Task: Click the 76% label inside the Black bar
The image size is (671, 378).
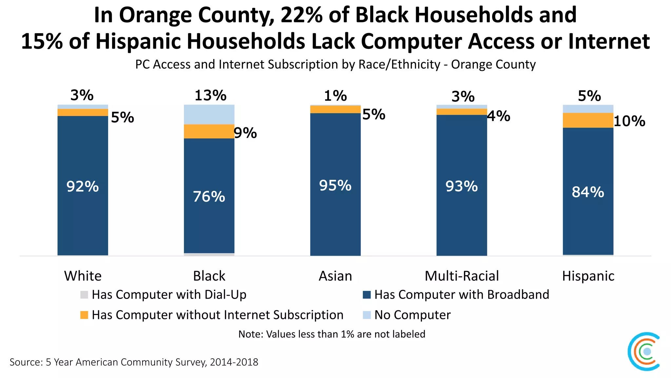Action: (209, 197)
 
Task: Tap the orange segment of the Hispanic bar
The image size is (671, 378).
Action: (588, 120)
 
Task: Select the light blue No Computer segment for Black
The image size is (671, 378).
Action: (209, 114)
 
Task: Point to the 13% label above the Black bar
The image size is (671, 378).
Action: (210, 95)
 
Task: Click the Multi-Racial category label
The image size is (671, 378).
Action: (462, 276)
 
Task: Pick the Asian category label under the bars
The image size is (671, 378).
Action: (335, 276)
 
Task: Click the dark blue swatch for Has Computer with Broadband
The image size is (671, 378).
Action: (367, 295)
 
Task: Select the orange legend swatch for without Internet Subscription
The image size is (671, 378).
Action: (84, 315)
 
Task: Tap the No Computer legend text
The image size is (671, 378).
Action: (412, 315)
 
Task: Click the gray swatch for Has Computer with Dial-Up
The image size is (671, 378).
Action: (84, 295)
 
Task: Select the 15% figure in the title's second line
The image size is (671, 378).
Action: (42, 41)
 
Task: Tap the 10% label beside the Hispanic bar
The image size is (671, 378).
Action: (629, 121)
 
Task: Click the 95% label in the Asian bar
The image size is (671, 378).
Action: (335, 186)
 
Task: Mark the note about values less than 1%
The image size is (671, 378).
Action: (332, 334)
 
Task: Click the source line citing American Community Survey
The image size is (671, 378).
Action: (134, 362)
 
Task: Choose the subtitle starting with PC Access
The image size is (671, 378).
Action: (335, 64)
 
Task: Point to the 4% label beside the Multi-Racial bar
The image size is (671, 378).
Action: (499, 116)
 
